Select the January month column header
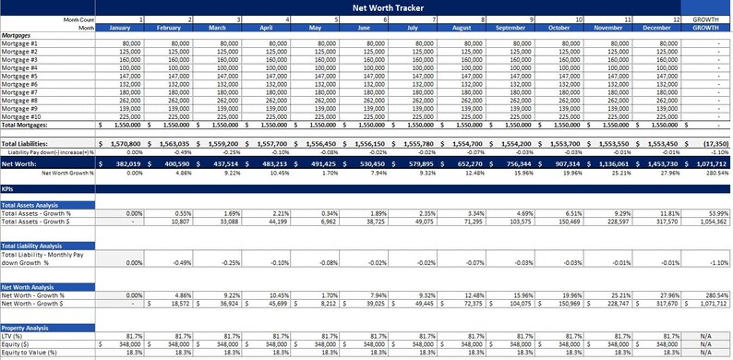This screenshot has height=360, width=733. point(122,27)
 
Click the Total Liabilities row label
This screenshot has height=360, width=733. point(26,145)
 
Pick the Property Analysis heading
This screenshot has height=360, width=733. point(26,328)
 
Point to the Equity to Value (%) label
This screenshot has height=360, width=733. point(30,353)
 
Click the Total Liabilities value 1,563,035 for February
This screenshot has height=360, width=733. point(173,145)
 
